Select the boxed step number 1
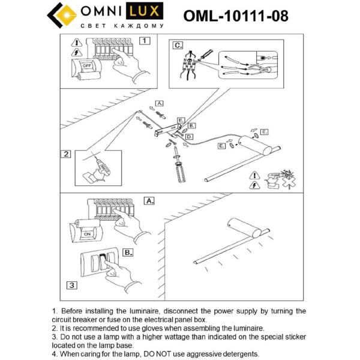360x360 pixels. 145,41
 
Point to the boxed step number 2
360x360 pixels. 66,154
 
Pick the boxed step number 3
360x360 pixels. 71,285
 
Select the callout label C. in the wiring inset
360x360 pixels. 178,45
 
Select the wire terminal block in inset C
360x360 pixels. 190,64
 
